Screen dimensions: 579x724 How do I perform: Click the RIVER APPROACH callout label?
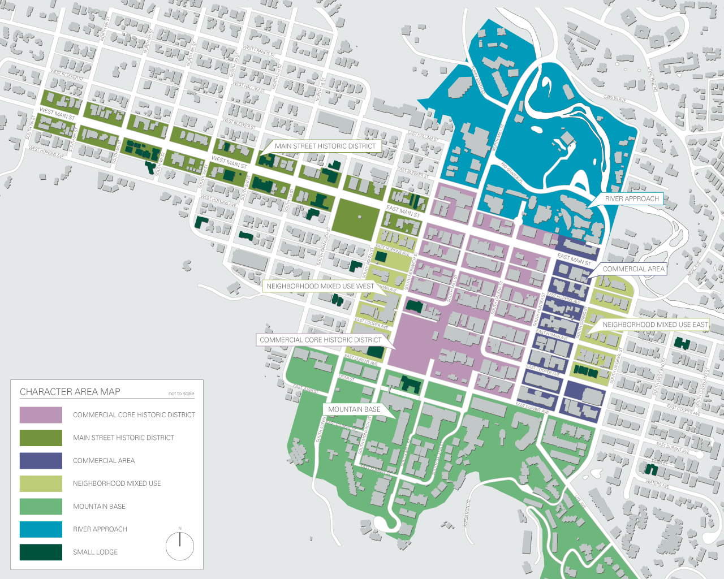[632, 199]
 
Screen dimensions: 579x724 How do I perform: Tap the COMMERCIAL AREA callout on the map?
[633, 269]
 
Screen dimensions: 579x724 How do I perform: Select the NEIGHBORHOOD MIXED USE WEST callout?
[320, 287]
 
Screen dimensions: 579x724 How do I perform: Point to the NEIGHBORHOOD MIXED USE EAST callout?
[655, 325]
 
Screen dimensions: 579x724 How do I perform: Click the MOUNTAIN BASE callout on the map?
[354, 409]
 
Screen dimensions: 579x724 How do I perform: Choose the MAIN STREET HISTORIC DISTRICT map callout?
[325, 146]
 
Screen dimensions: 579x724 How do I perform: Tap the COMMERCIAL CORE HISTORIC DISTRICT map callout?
[321, 340]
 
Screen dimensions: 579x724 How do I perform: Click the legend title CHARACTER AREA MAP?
[70, 392]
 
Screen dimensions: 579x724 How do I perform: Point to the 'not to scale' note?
[181, 394]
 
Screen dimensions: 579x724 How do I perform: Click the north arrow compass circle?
[180, 546]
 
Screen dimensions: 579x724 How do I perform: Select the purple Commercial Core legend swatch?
[41, 415]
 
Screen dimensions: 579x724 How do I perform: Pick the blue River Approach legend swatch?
[41, 529]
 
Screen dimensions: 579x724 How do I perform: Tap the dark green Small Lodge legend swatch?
[41, 552]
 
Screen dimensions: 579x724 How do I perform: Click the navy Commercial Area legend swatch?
[41, 461]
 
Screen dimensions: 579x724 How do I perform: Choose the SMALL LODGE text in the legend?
[96, 552]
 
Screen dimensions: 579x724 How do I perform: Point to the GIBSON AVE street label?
[614, 98]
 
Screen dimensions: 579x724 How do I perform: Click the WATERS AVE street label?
[657, 483]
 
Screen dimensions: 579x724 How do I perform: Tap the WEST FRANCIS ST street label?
[259, 51]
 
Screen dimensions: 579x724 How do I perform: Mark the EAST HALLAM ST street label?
[423, 136]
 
